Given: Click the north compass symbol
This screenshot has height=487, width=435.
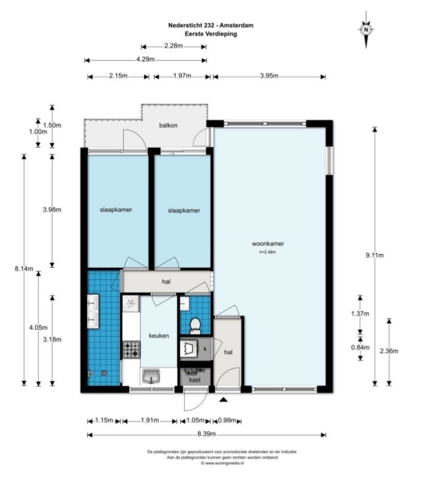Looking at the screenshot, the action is [x=366, y=30].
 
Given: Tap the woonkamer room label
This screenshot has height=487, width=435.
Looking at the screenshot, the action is [x=268, y=244].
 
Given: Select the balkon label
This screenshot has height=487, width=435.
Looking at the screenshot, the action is [x=168, y=126].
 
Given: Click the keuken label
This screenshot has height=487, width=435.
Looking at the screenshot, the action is [x=159, y=336].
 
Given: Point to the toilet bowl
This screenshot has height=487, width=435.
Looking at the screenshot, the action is [x=195, y=325].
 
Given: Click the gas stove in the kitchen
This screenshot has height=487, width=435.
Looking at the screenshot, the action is [x=132, y=349].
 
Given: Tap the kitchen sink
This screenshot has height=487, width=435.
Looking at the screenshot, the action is [x=151, y=376].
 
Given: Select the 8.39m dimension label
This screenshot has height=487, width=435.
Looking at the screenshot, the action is [x=206, y=434].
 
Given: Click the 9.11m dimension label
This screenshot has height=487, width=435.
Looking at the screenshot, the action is [x=375, y=255].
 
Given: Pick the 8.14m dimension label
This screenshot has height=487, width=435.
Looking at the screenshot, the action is [x=24, y=269].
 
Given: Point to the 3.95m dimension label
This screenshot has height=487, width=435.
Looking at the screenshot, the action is [x=269, y=76].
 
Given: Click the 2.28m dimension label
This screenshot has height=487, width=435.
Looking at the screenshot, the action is [x=174, y=45].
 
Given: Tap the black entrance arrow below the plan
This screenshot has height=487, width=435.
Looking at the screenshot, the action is [x=223, y=400].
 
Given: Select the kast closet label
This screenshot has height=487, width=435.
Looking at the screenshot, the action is [x=195, y=380].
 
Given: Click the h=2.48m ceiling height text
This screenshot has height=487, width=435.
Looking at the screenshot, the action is [x=267, y=252].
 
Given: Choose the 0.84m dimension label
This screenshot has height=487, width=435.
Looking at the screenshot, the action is [x=360, y=347].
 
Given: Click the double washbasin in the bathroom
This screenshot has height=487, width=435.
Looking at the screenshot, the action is [x=93, y=312].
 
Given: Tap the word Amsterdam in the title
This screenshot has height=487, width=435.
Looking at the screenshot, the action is [x=236, y=26].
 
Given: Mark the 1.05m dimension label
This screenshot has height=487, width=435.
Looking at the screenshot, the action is [x=196, y=420].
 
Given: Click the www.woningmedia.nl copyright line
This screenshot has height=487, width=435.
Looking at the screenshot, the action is [x=222, y=463].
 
